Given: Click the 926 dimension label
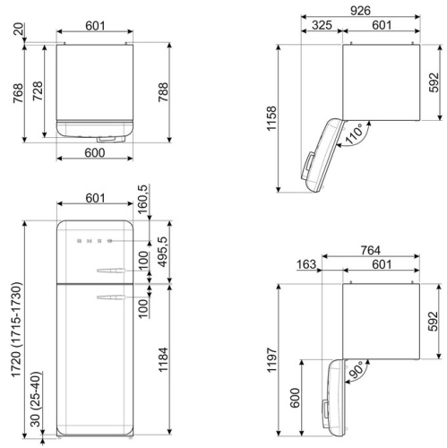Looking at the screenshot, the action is (360, 11).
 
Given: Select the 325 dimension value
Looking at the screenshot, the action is (322, 25).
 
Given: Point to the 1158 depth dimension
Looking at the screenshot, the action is (272, 118).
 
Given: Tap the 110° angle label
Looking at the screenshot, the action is (354, 134).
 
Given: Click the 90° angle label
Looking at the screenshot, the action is (357, 370).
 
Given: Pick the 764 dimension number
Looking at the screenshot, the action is (371, 250).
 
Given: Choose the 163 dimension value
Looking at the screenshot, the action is (306, 264).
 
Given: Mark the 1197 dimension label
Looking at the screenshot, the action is (272, 360).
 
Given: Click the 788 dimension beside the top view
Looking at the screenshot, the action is (163, 92).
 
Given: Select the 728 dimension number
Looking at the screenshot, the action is (38, 90).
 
